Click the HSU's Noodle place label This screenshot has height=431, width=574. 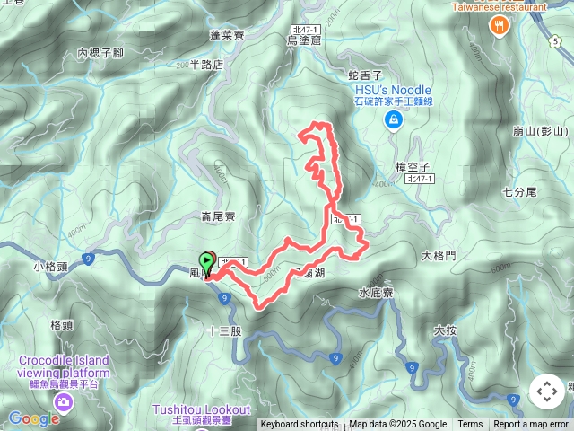(393, 91)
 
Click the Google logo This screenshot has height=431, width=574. (34, 418)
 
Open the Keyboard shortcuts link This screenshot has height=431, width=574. (299, 425)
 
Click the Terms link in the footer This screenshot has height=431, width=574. (470, 425)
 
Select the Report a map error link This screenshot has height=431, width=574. (532, 425)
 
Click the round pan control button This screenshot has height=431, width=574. (546, 391)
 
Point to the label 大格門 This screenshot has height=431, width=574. (439, 256)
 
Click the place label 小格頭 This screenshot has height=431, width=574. (51, 267)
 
